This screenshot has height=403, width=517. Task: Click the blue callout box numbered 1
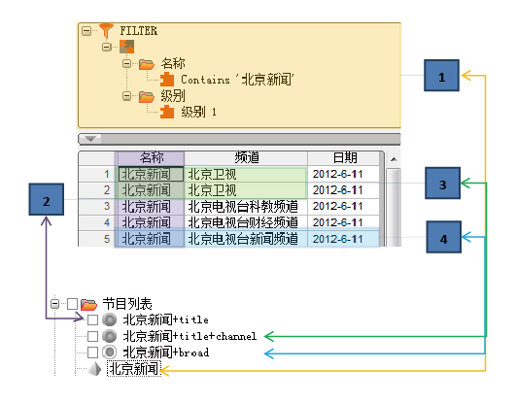(441, 76)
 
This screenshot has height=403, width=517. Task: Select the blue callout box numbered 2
(47, 199)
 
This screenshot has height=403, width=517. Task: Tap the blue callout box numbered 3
(442, 183)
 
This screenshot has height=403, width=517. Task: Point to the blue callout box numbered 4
(443, 237)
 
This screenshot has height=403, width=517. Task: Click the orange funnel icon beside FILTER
(106, 31)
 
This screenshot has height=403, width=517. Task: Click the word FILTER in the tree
(138, 31)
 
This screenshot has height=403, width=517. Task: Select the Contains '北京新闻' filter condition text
(237, 80)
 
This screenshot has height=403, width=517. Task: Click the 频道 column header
(246, 158)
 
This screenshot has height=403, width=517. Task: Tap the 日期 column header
(345, 158)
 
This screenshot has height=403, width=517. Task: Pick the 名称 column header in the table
(151, 158)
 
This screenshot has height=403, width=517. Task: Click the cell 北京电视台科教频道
(243, 207)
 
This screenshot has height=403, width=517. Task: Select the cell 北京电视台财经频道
(243, 222)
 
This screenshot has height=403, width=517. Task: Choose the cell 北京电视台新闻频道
(243, 239)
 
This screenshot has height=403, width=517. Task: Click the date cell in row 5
(337, 239)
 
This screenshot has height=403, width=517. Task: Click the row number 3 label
(107, 206)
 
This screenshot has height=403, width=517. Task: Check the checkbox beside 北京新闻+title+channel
(92, 336)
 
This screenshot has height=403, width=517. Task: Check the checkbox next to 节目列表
(72, 304)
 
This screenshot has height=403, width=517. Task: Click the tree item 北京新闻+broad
(166, 353)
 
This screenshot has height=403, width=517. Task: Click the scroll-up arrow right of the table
(394, 159)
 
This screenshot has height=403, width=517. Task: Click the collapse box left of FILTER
(86, 31)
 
